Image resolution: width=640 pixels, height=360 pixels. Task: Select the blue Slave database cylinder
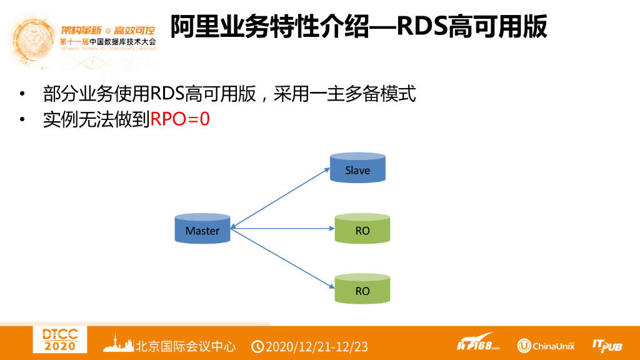point(357,168)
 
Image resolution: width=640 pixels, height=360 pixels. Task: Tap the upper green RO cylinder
point(362,229)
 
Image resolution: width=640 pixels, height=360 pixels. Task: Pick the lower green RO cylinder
point(362,289)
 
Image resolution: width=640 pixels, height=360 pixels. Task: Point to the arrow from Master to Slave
point(281,197)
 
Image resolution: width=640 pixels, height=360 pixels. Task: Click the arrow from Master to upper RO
point(281,228)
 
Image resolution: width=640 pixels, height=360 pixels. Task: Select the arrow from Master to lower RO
point(281,257)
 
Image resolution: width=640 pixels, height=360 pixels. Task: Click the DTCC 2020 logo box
point(60,341)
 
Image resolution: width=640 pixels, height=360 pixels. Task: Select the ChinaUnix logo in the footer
point(545,346)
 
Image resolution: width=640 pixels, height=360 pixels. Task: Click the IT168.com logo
point(478,345)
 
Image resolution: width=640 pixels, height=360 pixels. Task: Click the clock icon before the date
point(257,346)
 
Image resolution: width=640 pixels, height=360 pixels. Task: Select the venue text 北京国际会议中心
point(186,346)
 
